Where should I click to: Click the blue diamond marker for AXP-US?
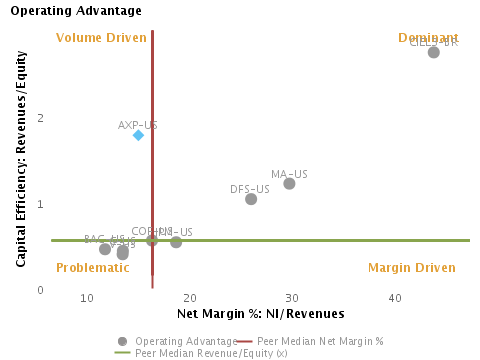pyautogui.click(x=138, y=135)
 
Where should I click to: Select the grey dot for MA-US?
pyautogui.click(x=289, y=183)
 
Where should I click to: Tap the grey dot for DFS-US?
pyautogui.click(x=251, y=199)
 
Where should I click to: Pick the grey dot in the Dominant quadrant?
pyautogui.click(x=434, y=52)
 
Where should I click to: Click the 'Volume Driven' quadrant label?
pyautogui.click(x=102, y=38)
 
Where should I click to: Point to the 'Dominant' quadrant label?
pyautogui.click(x=428, y=38)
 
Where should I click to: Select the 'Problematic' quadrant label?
pyautogui.click(x=93, y=268)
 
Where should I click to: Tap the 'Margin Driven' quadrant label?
pyautogui.click(x=411, y=268)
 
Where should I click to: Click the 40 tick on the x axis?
pyautogui.click(x=395, y=299)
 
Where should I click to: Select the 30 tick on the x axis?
pyautogui.click(x=292, y=299)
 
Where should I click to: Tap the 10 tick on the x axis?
pyautogui.click(x=87, y=299)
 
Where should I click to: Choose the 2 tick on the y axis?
pyautogui.click(x=41, y=118)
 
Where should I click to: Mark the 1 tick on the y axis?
pyautogui.click(x=41, y=204)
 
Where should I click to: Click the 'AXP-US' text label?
pyautogui.click(x=138, y=125)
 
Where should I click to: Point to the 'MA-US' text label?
pyautogui.click(x=289, y=174)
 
